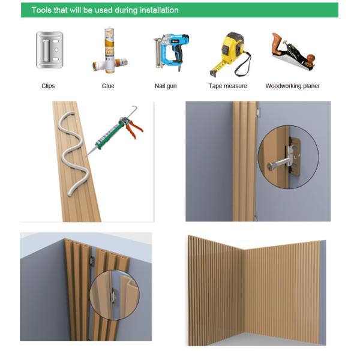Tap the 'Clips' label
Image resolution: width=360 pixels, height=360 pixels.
point(48,86)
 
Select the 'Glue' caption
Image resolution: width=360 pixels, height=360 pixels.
point(108,86)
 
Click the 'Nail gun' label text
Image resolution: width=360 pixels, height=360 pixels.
point(166,86)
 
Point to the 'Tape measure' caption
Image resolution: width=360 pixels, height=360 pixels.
point(227,86)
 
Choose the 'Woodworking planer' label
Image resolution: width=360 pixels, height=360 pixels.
point(292,86)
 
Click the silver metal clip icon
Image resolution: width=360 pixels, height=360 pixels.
point(49,50)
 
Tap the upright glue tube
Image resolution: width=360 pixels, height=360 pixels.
point(110,50)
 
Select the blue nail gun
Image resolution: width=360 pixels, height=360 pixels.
point(171,52)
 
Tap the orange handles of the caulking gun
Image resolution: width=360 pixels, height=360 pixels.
point(134,128)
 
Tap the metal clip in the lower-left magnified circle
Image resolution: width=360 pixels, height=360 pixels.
point(113,296)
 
